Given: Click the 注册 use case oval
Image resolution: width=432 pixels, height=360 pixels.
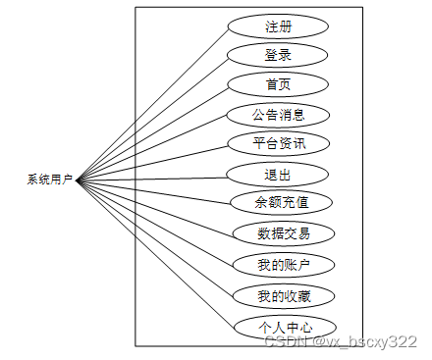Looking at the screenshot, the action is pyautogui.click(x=278, y=26).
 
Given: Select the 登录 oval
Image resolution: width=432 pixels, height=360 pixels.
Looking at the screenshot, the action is pyautogui.click(x=278, y=55).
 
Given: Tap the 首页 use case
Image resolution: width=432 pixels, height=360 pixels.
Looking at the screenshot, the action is pyautogui.click(x=278, y=84).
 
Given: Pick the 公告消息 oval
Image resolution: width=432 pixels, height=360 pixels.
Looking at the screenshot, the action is pyautogui.click(x=278, y=114).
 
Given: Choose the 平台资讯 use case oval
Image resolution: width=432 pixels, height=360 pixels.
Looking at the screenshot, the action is pyautogui.click(x=278, y=143).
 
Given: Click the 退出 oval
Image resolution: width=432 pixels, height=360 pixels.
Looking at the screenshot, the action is pyautogui.click(x=278, y=175).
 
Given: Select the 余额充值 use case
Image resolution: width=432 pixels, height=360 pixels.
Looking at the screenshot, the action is pyautogui.click(x=281, y=203).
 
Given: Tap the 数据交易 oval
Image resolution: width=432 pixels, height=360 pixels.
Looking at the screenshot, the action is pyautogui.click(x=283, y=232).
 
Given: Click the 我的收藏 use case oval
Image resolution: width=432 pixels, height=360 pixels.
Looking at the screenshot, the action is pyautogui.click(x=283, y=294).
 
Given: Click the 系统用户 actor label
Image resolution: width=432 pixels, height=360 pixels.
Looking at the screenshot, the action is pyautogui.click(x=50, y=180).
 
